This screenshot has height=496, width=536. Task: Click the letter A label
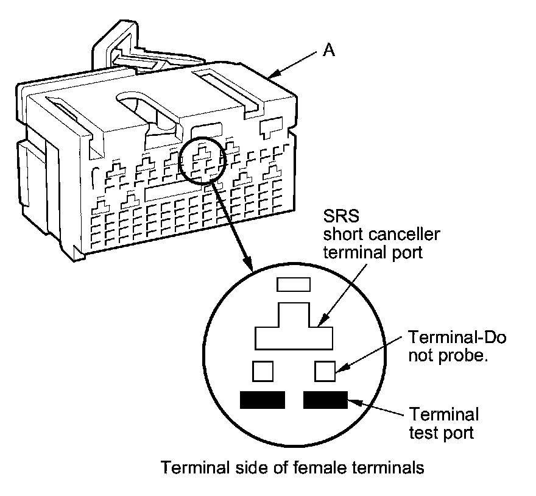pyautogui.click(x=328, y=51)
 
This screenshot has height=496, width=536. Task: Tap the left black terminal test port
pyautogui.click(x=263, y=400)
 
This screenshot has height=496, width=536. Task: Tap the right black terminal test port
pyautogui.click(x=325, y=400)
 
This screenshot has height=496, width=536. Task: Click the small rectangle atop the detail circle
pyautogui.click(x=294, y=284)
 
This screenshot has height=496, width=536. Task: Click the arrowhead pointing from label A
pyautogui.click(x=275, y=75)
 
